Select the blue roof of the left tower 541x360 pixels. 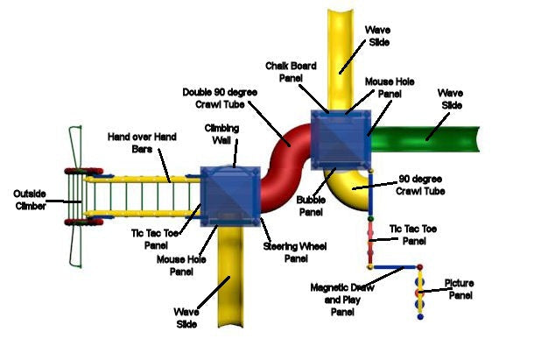tap(230, 194)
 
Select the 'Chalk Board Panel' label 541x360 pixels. tap(292, 72)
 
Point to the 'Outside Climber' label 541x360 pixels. tap(31, 199)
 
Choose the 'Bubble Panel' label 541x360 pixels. tap(311, 207)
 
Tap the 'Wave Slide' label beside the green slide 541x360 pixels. tap(452, 98)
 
